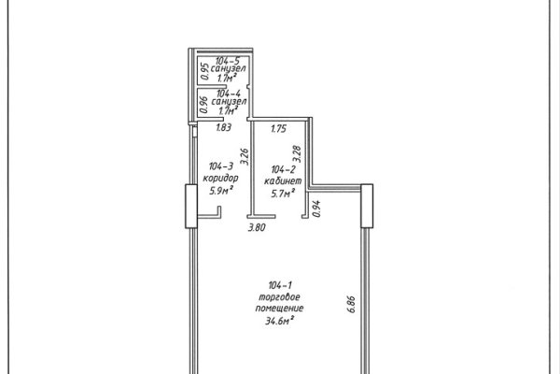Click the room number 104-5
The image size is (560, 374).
pos(228,60)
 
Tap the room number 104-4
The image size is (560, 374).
pos(229,93)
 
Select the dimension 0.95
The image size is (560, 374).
pos(204,71)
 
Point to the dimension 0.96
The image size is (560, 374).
pos(203,105)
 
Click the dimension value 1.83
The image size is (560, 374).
pos(224,127)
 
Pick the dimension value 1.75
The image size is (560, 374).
pos(278,128)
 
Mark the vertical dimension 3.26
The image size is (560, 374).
pos(245,156)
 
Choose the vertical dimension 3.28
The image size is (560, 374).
pos(297,154)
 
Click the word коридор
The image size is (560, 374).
pos(220,178)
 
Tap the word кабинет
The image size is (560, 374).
pos(283,180)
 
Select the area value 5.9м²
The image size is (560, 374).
pos(221,190)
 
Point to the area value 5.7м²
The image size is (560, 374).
pos(283,194)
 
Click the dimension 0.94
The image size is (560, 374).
pos(316,209)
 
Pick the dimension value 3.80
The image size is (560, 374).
pos(258,227)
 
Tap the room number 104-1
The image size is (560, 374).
pos(280,285)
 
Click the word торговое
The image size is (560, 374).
pos(279,296)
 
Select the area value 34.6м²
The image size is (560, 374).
pos(279,320)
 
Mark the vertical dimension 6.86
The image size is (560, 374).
pos(352,304)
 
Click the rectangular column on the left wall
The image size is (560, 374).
pos(191,206)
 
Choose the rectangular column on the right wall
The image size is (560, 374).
pos(367,206)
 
